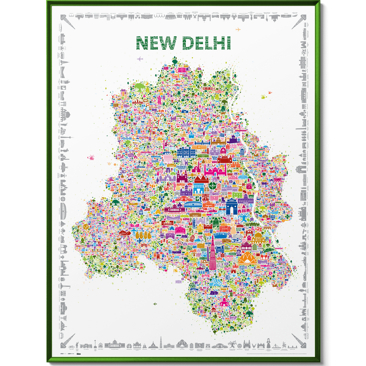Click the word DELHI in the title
pyautogui.click(x=206, y=43)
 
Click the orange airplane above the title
pyautogui.click(x=238, y=30)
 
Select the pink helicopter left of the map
pyautogui.click(x=91, y=158)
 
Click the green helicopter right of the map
pyautogui.click(x=264, y=97)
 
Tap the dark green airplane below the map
pyautogui.click(x=155, y=304)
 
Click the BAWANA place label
pyautogui.click(x=153, y=107)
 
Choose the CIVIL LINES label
pyautogui.click(x=233, y=146)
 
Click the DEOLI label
pyautogui.click(x=241, y=295)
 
